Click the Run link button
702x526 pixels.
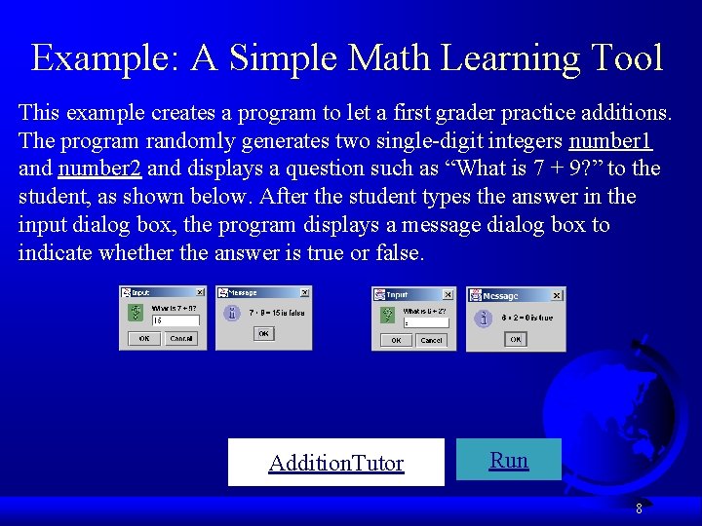point(509,460)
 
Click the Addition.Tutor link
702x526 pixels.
point(335,463)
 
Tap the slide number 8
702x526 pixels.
point(639,507)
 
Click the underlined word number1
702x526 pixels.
point(611,140)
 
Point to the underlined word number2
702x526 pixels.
point(100,169)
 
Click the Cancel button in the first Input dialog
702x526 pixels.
point(182,338)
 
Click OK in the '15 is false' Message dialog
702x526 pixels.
point(262,333)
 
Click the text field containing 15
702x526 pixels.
point(175,319)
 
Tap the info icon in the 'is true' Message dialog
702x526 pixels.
point(483,318)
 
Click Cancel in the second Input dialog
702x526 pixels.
point(431,340)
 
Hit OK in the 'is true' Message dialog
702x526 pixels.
point(515,339)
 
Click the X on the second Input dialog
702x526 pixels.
point(448,293)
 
